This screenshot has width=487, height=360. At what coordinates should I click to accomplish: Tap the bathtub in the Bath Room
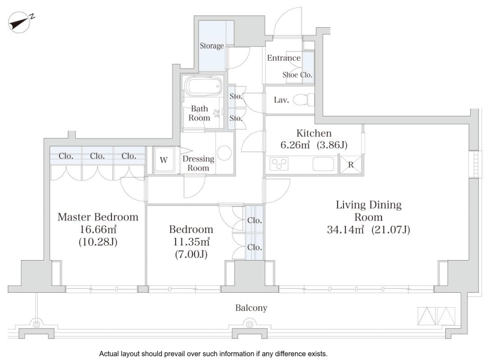(x=203, y=86)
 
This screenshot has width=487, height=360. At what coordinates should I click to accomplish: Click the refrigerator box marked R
(x=350, y=165)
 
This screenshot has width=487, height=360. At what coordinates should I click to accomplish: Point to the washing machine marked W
(x=164, y=160)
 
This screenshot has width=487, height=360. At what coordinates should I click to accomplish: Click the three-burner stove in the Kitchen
(x=279, y=164)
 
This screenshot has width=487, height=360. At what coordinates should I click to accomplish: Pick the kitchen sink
(x=323, y=164)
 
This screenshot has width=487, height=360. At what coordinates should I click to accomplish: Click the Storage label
(x=211, y=46)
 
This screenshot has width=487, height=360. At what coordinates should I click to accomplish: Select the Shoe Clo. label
(x=297, y=75)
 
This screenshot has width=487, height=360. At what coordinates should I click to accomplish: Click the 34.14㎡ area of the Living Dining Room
(x=345, y=230)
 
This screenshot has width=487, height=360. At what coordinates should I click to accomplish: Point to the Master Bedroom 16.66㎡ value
(x=98, y=229)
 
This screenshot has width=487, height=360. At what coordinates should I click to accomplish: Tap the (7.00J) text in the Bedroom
(x=191, y=254)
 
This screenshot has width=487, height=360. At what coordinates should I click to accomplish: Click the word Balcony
(x=251, y=308)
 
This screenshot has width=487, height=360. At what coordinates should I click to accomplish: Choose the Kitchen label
(x=314, y=133)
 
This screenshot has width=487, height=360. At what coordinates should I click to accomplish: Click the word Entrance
(x=284, y=58)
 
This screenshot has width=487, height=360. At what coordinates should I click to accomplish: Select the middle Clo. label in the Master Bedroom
(x=97, y=156)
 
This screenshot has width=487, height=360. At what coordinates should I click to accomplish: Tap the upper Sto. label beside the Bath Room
(x=236, y=96)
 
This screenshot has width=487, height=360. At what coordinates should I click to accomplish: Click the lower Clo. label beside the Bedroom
(x=255, y=247)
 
